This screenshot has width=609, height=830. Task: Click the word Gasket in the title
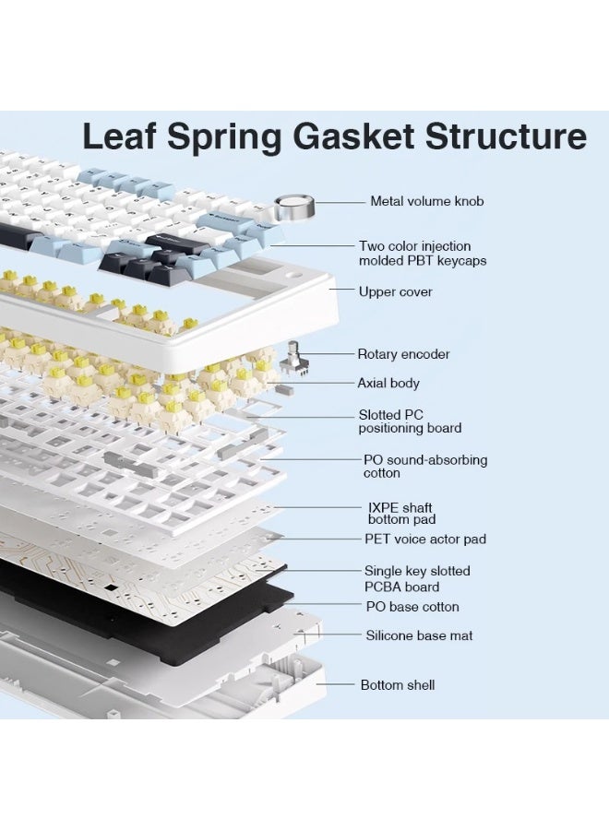pos(353,136)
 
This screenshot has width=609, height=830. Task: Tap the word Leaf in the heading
pos(119,136)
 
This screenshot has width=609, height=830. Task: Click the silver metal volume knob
pos(294,207)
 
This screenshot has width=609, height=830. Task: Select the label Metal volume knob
pos(427,201)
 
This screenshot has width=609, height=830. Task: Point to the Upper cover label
pos(396,291)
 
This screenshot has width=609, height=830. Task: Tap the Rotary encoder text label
pos(403,354)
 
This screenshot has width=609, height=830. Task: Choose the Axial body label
pos(388,383)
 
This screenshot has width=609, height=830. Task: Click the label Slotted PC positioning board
pos(410,421)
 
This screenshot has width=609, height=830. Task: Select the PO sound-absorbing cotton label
pos(425,467)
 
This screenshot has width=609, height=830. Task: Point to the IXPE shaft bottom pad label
pos(401,514)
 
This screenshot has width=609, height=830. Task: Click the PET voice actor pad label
pos(425,539)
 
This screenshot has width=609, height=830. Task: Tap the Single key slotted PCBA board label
pos(417,578)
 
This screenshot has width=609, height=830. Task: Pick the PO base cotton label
pos(412,607)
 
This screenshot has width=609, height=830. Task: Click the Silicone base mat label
pos(419,635)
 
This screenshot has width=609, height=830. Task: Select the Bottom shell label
pos(397,685)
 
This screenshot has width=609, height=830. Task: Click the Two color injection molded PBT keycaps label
pos(423,253)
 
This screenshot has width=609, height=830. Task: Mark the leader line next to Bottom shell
pos(335,684)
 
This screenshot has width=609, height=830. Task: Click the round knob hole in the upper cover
pos(292,276)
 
